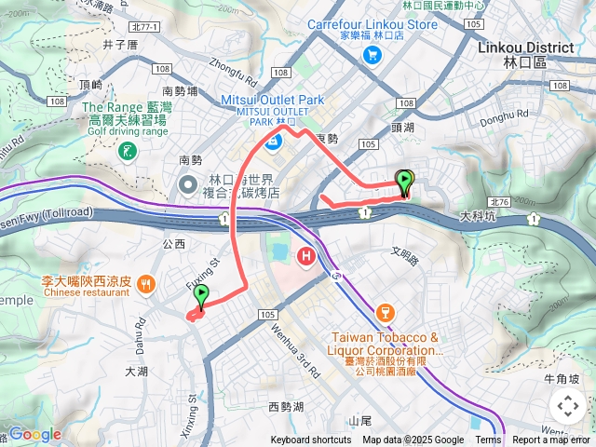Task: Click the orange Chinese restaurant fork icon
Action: click(x=145, y=282)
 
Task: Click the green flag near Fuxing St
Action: click(x=200, y=296)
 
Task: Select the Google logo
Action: click(x=34, y=434)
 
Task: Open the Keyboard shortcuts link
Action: click(x=311, y=440)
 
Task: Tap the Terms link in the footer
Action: click(x=488, y=440)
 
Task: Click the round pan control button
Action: click(x=567, y=406)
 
